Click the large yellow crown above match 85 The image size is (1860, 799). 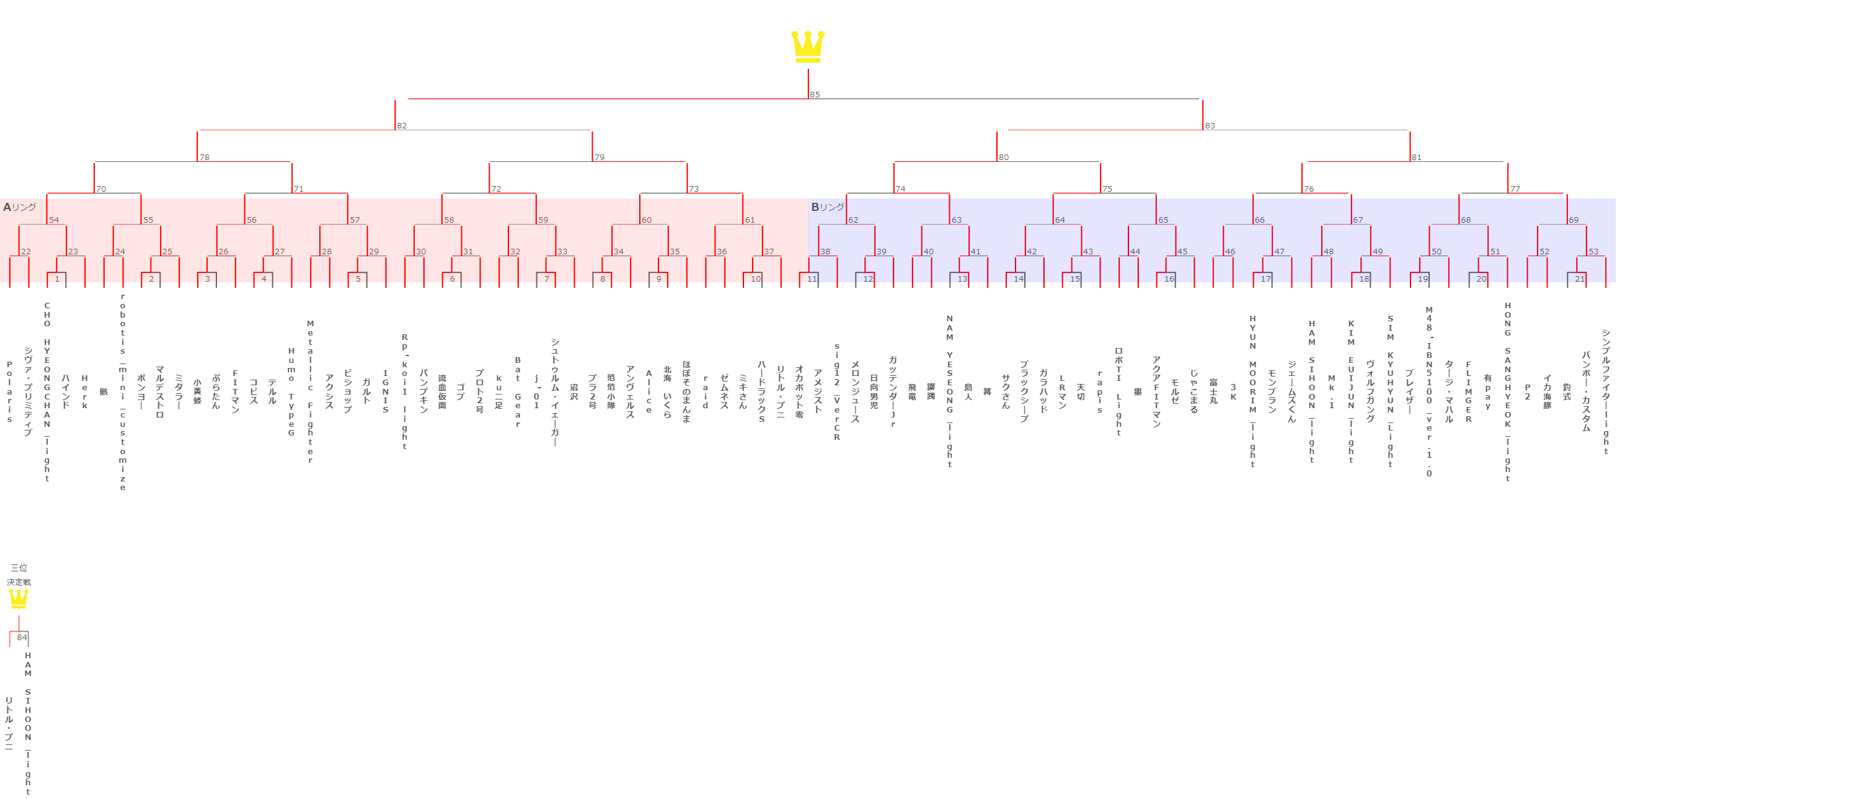pos(808,47)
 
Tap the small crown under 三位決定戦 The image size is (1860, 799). pos(19,599)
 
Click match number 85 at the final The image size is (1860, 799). pos(815,95)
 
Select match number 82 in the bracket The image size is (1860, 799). pos(402,126)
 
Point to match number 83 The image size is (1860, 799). pos(1210,126)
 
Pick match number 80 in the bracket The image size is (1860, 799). pos(1003,158)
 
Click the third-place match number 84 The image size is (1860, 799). pos(22,637)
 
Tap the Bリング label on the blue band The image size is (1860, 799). pos(826,207)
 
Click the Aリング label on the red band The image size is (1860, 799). pos(19,207)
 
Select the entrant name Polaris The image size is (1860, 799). pos(9,391)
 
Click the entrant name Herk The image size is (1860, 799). pos(84,392)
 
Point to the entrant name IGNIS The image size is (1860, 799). pos(386,391)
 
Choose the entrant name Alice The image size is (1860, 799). pos(649,391)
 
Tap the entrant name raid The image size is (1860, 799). pos(706,391)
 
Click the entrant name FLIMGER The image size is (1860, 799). pos(1469,391)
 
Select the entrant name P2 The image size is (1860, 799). pos(1527,391)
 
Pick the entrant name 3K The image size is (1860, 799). pos(1233,391)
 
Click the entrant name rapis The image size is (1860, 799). pos(1100,391)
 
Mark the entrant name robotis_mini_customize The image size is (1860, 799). pos(123,391)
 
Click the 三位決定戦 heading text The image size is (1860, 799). pos(19,575)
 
